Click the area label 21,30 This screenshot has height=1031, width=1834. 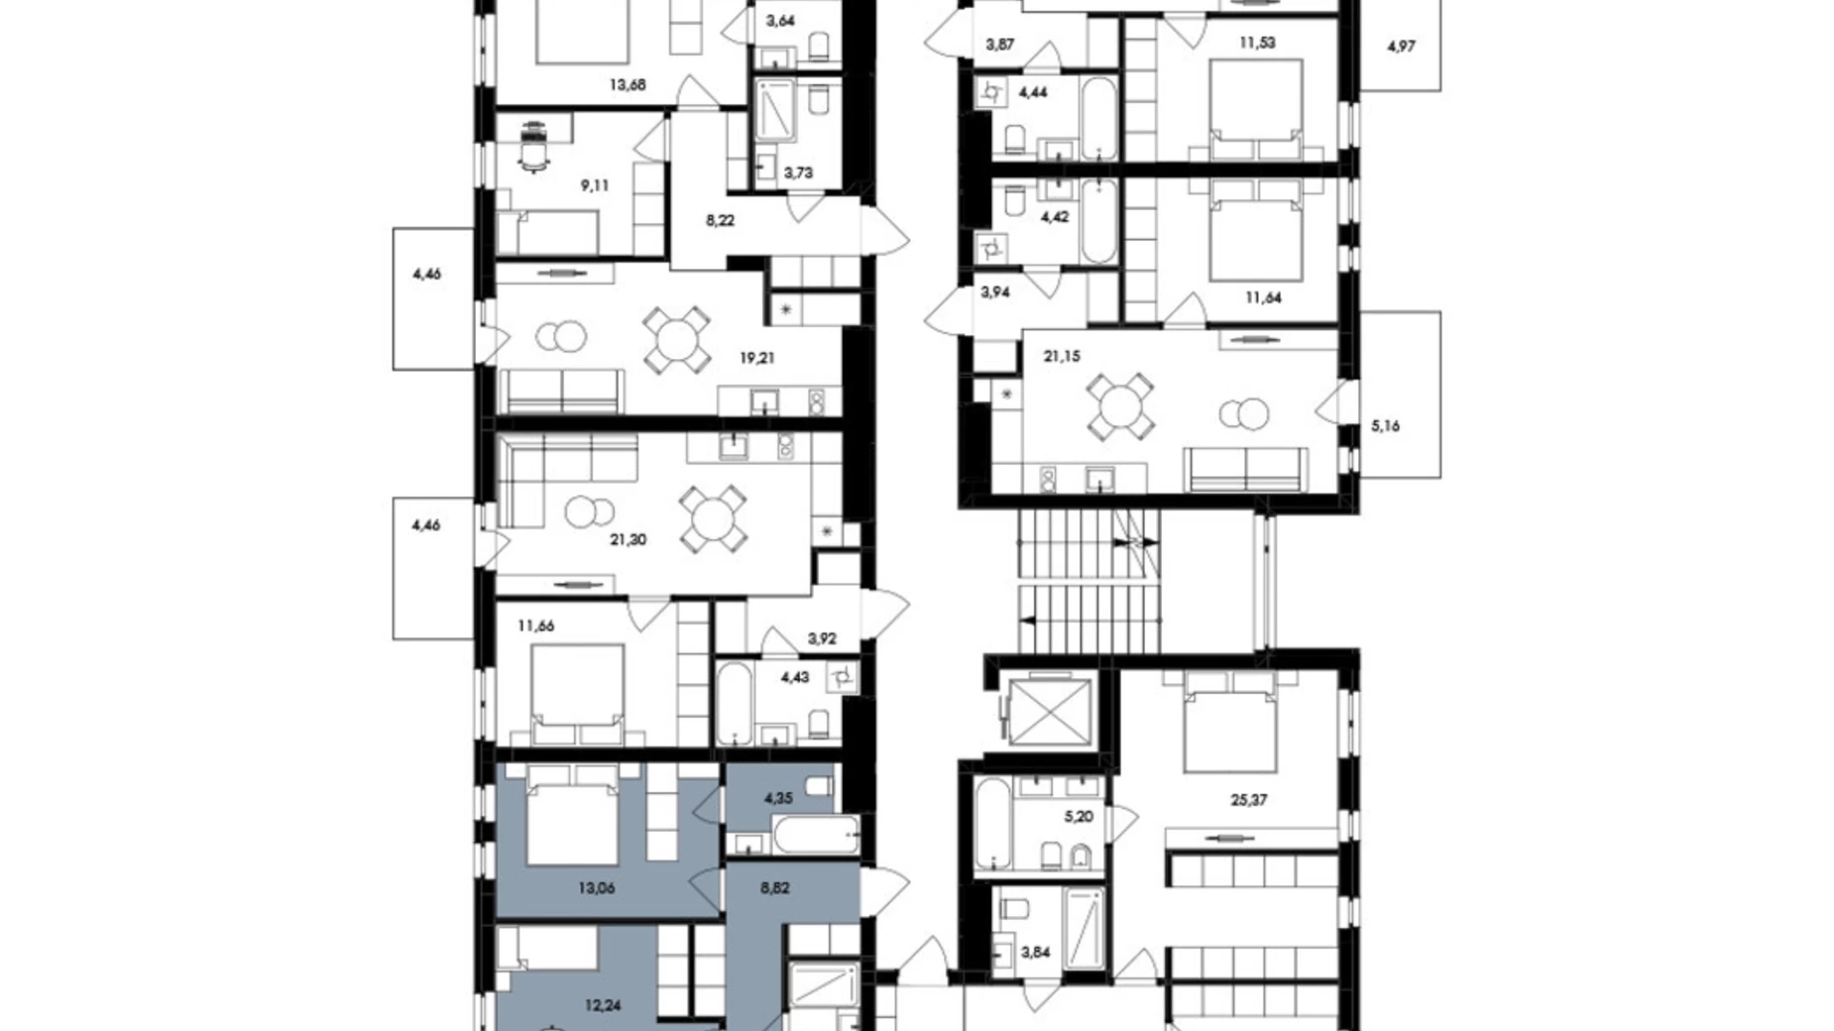(628, 540)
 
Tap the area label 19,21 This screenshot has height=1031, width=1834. (757, 358)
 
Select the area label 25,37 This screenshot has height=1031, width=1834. (1249, 800)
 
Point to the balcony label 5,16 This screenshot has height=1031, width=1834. (1385, 426)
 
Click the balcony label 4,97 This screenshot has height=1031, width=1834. (1401, 46)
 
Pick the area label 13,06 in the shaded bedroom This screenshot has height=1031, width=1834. (597, 888)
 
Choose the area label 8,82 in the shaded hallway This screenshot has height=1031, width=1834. (775, 888)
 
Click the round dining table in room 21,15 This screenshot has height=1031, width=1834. (1120, 406)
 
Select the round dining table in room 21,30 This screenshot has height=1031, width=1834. (713, 518)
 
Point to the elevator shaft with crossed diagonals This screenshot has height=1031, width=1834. (1046, 707)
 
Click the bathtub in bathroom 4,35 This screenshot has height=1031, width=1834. (816, 835)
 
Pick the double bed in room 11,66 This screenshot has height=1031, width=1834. (578, 694)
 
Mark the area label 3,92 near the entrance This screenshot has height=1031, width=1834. (821, 638)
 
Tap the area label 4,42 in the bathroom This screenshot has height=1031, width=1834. (1054, 216)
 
